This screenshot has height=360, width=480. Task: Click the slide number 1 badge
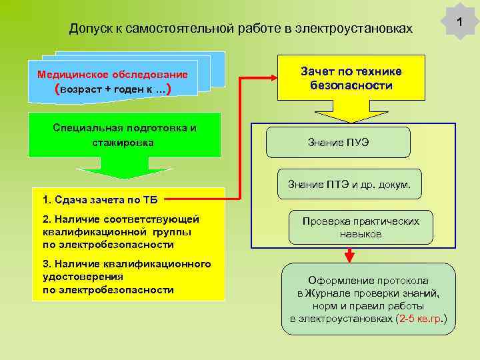459,23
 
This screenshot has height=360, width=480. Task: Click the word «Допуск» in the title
88,29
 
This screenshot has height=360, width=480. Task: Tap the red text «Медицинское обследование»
113,74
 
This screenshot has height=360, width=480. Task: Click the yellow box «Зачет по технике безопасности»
351,79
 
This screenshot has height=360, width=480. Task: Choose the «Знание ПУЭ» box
338,143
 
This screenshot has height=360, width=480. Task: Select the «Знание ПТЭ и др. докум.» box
349,184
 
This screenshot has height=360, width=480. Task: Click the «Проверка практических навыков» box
361,227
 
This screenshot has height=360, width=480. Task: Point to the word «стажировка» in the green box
123,143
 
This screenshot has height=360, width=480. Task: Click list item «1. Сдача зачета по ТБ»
99,199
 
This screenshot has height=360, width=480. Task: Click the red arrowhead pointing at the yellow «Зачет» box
272,78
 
